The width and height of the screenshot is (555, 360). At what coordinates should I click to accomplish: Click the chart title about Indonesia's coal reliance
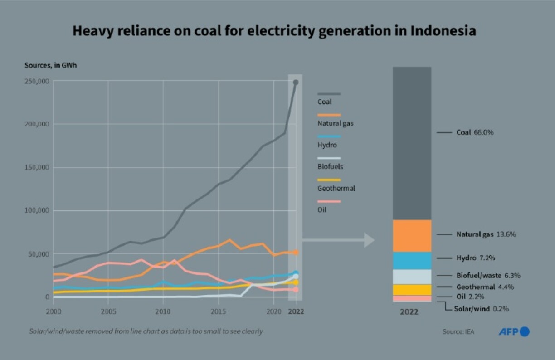274,31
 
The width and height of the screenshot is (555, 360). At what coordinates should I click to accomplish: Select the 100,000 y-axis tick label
37,210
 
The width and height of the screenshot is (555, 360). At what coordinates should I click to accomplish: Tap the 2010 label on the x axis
163,312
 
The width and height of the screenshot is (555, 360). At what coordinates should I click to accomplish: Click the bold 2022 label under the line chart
296,312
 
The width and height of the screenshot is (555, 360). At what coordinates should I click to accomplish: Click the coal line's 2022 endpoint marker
296,83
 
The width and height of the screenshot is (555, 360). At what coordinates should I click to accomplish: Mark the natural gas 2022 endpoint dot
296,253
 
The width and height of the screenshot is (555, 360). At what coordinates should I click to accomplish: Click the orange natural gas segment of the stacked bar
412,236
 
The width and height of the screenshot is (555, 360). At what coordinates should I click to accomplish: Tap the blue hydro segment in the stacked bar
412,261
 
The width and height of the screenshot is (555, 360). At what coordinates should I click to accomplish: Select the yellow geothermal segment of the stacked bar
412,290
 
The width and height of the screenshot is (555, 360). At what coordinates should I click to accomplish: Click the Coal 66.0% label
474,133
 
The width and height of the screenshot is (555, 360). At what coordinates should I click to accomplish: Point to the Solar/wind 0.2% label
481,309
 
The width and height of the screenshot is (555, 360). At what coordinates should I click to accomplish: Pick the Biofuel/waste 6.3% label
488,275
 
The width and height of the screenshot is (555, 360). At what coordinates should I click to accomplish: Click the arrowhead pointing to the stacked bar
369,240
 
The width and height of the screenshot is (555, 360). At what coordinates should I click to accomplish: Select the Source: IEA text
458,332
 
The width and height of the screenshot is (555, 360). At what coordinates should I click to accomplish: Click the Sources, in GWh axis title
51,65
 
